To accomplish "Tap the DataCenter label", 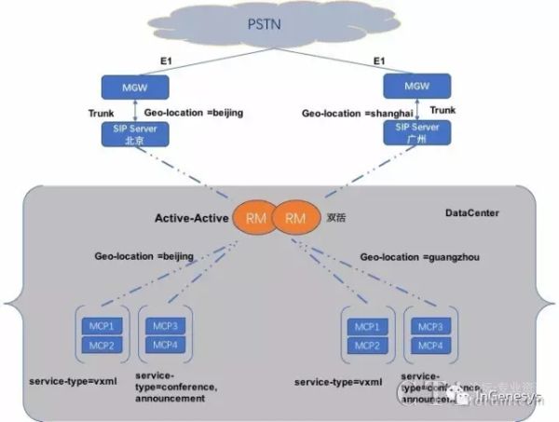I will (x=472, y=213).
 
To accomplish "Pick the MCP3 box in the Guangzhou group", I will (x=431, y=327).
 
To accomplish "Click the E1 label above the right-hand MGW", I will (x=378, y=61).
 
